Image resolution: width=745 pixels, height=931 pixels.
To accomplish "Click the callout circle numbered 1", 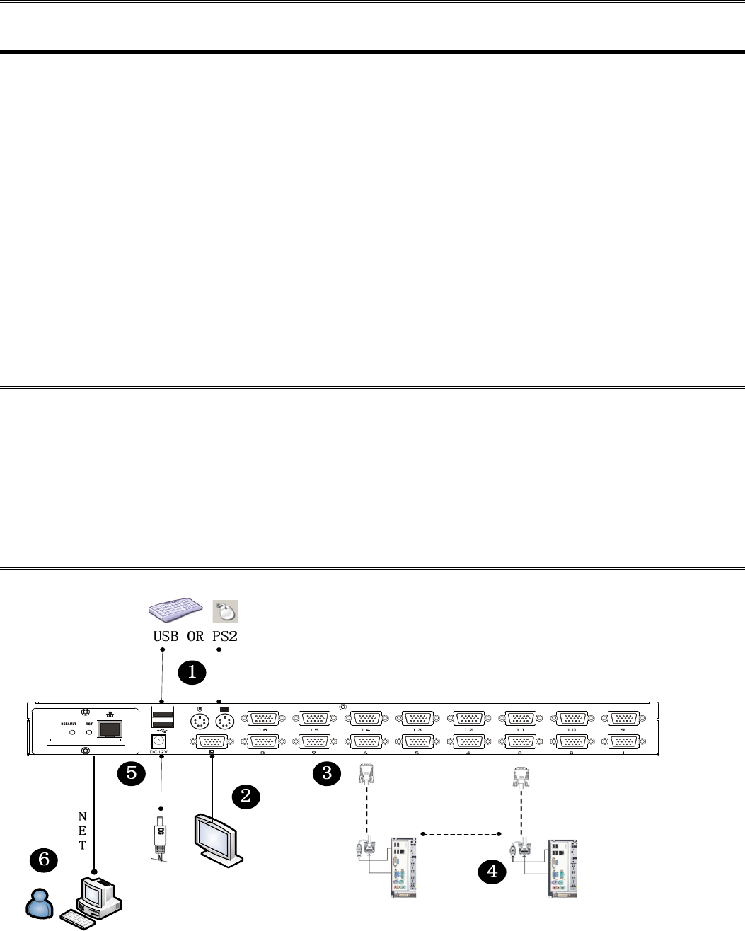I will [192, 672].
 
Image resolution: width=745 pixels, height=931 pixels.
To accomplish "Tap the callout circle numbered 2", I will [246, 796].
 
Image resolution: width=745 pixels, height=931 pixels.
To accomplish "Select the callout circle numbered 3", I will [327, 773].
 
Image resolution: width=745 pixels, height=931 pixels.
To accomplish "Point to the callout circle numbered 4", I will [492, 872].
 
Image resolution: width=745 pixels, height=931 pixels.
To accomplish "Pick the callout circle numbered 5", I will [131, 773].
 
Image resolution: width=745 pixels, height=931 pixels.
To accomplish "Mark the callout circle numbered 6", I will [44, 860].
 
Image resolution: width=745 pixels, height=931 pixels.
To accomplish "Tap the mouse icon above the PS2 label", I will [225, 611].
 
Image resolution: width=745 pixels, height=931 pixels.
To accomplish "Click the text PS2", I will [225, 636].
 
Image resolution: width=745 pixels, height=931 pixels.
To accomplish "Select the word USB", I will [166, 636].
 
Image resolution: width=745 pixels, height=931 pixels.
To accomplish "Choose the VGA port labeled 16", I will [263, 719].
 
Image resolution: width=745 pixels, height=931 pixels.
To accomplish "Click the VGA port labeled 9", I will [622, 719].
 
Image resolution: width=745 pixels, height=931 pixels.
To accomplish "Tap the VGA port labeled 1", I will [622, 742].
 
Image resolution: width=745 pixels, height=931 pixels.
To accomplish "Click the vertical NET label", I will [82, 831].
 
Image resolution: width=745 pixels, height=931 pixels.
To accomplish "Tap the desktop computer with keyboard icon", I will [93, 902].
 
